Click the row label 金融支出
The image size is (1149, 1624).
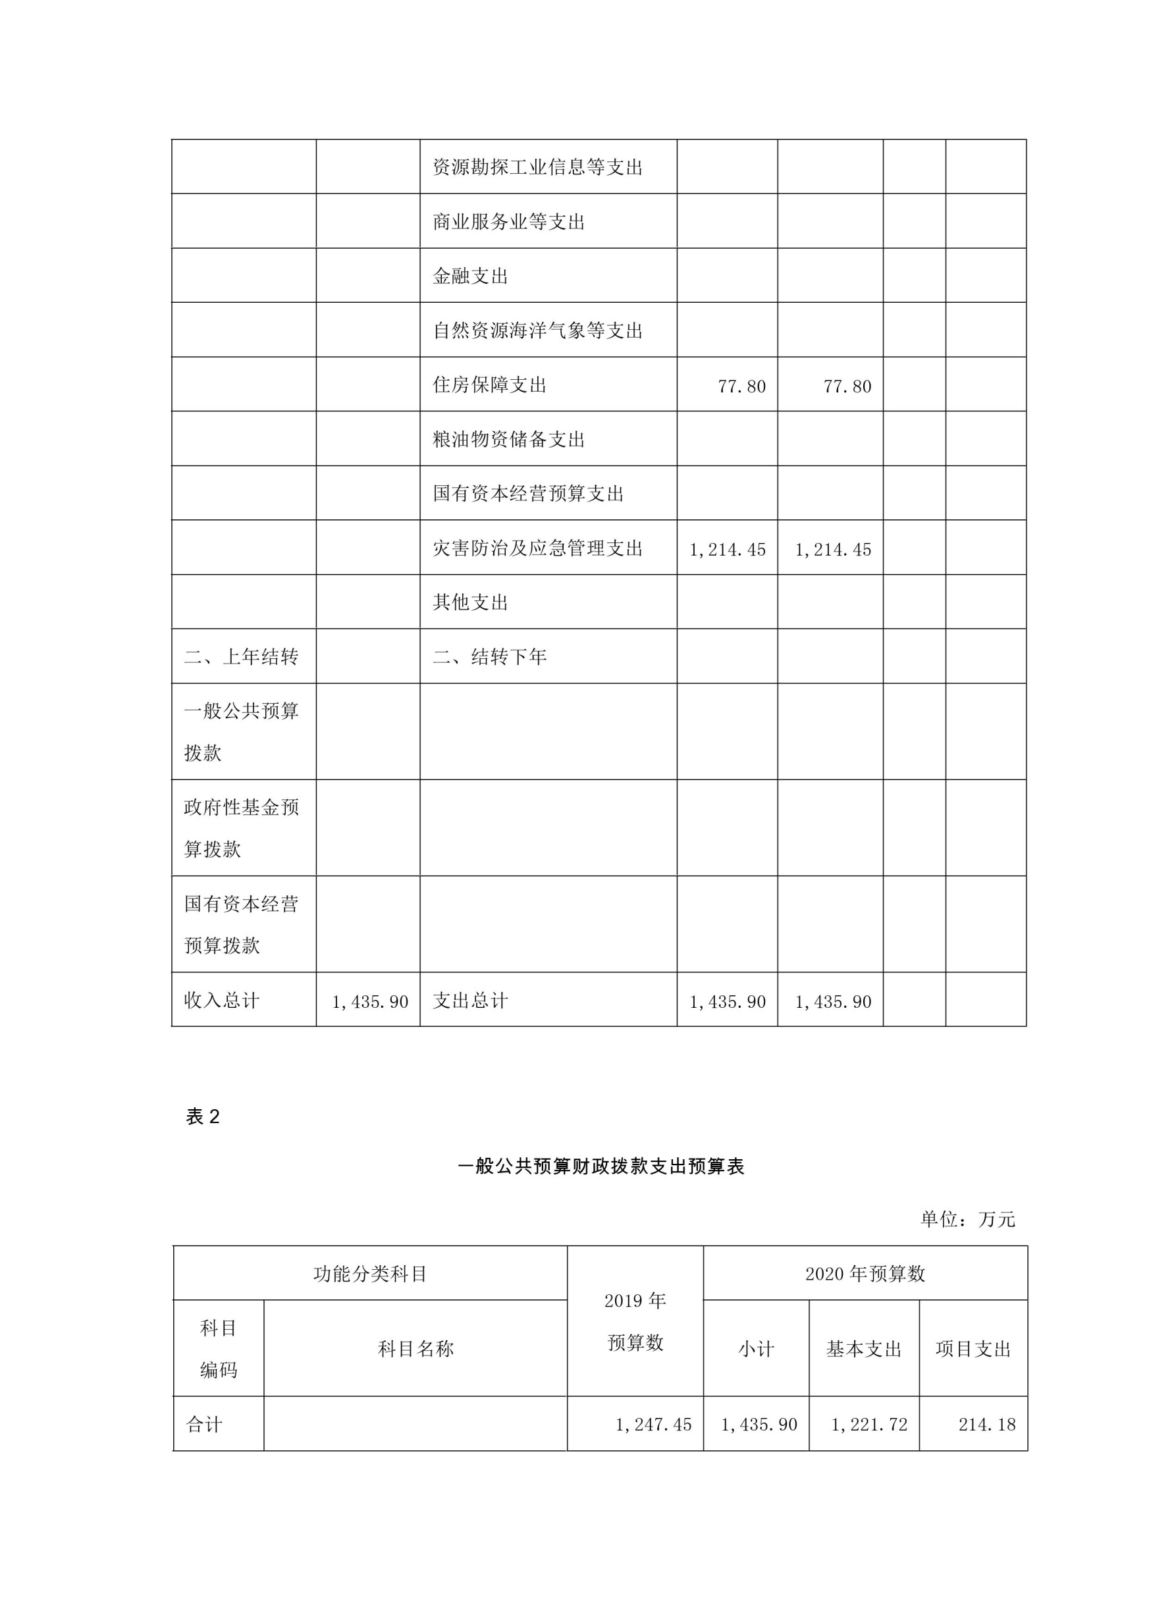pyautogui.click(x=471, y=276)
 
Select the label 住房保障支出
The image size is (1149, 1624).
pyautogui.click(x=490, y=385)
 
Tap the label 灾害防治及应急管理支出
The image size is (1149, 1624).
pyautogui.click(x=538, y=548)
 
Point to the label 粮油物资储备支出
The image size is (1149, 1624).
pyautogui.click(x=509, y=439)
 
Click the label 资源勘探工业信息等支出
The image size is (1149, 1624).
pyautogui.click(x=538, y=167)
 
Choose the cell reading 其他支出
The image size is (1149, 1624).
pyautogui.click(x=471, y=602)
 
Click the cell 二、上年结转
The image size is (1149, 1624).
pyautogui.click(x=241, y=657)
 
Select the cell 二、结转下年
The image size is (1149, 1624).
pyautogui.click(x=490, y=657)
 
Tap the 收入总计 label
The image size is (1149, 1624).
pyautogui.click(x=221, y=1000)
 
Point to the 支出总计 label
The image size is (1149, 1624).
pyautogui.click(x=471, y=1000)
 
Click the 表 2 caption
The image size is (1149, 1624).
pyautogui.click(x=203, y=1117)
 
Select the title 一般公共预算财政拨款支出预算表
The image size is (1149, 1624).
pyautogui.click(x=601, y=1166)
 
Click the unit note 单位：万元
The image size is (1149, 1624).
pyautogui.click(x=967, y=1218)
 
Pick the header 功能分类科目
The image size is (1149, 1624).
pyautogui.click(x=370, y=1274)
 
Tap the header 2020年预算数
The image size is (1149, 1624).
pyautogui.click(x=865, y=1274)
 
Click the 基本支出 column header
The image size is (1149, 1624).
pyautogui.click(x=864, y=1349)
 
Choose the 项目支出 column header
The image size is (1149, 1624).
pyautogui.click(x=974, y=1349)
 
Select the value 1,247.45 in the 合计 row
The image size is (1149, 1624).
pyautogui.click(x=653, y=1425)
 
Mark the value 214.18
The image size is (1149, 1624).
pyautogui.click(x=987, y=1425)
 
